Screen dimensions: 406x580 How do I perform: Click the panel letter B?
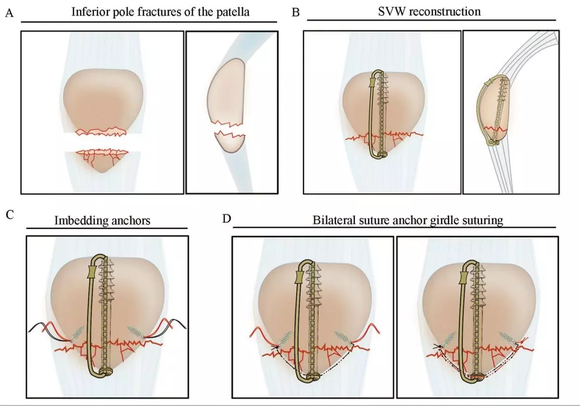tap(296, 12)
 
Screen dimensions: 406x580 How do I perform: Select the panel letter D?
tap(227, 218)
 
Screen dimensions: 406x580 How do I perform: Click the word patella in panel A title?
tap(232, 11)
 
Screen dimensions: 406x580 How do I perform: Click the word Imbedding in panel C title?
tap(75, 221)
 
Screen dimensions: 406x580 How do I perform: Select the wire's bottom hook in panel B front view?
tap(381, 155)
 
